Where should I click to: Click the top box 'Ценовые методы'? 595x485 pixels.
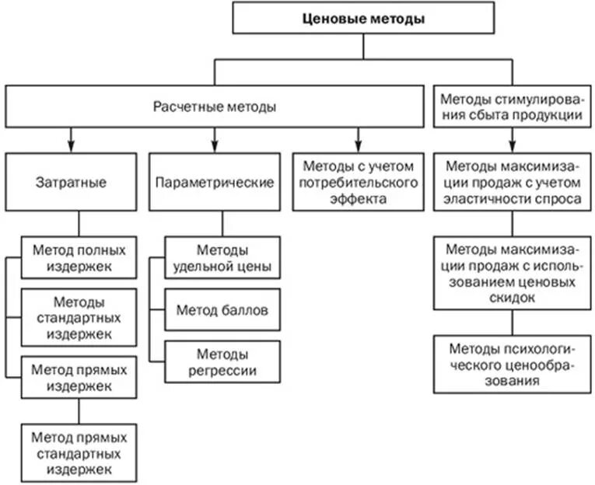click(363, 19)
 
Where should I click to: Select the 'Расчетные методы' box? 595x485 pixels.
click(214, 107)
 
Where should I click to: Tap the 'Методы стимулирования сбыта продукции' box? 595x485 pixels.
click(512, 107)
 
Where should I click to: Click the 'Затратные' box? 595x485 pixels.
click(71, 183)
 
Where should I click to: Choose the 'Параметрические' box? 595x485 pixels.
click(214, 183)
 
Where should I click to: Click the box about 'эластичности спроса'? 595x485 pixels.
click(512, 182)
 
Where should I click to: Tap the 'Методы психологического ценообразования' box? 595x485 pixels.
click(512, 363)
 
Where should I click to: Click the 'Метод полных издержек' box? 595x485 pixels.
click(73, 257)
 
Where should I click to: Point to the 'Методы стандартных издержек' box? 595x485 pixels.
click(73, 317)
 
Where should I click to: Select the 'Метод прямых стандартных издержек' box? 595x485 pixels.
click(73, 448)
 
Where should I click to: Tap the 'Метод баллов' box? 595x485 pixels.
click(222, 310)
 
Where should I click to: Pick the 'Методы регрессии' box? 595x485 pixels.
click(222, 362)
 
